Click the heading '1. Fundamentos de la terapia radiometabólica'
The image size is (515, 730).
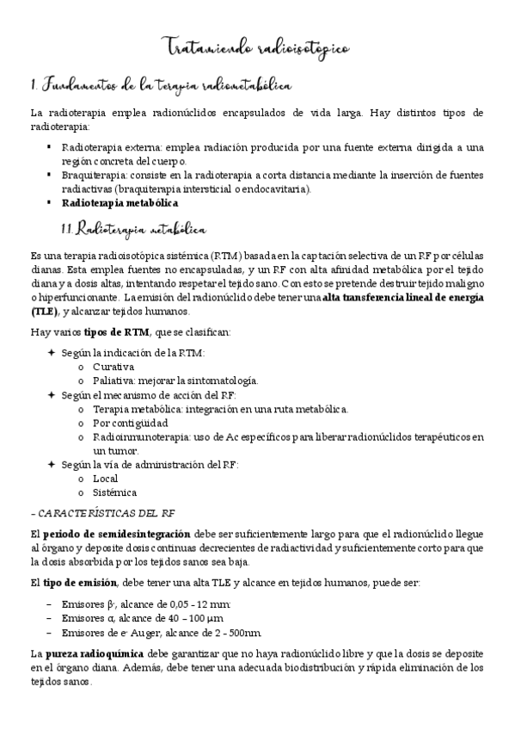[161, 85]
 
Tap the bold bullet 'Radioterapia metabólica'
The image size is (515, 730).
[120, 203]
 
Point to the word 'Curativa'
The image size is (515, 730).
[113, 367]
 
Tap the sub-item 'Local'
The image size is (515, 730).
[106, 479]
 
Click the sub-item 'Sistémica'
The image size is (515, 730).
[114, 492]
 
